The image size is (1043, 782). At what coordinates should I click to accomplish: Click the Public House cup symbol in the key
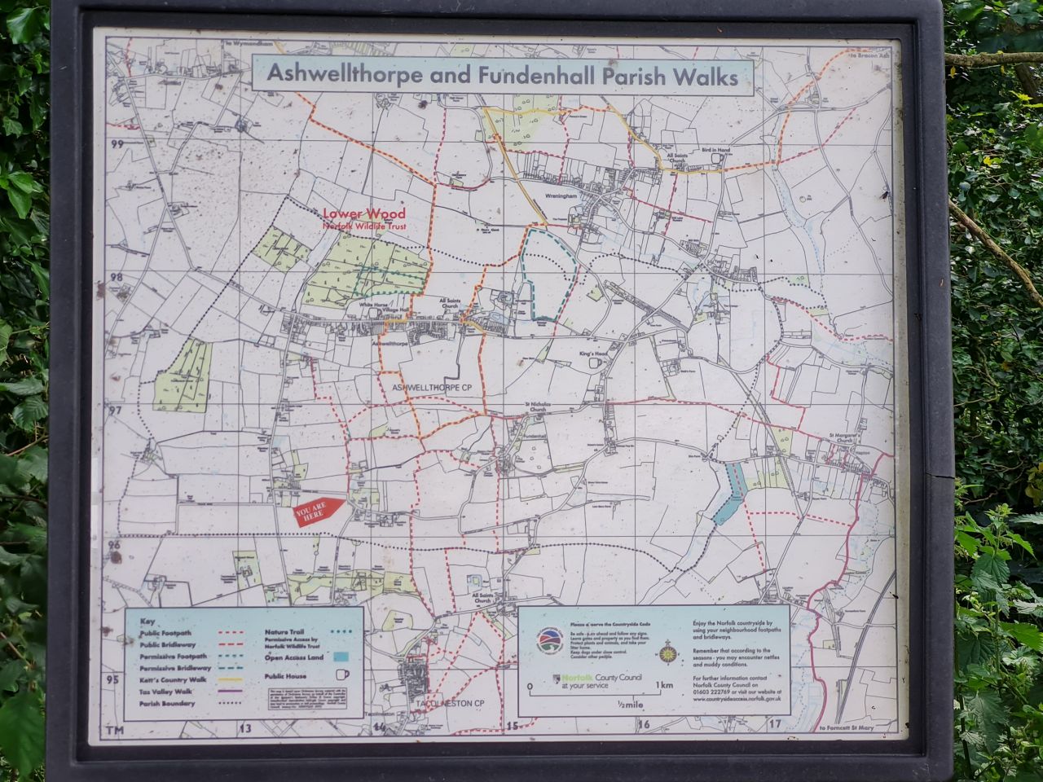(x=341, y=674)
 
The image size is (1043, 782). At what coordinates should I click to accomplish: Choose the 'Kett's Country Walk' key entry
(x=173, y=679)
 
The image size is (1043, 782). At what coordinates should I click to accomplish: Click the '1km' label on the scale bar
(x=664, y=685)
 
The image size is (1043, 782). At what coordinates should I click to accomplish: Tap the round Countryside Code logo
(x=548, y=641)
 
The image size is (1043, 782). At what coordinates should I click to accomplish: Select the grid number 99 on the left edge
(x=117, y=144)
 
